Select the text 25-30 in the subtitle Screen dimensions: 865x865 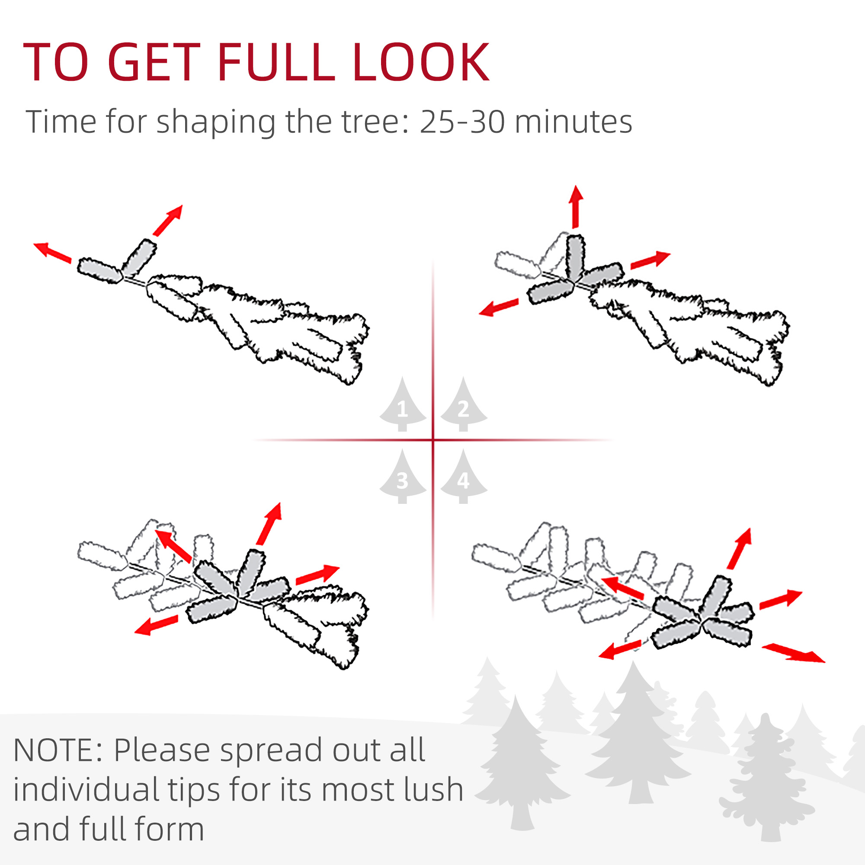(x=460, y=122)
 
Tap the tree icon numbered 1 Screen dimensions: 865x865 (x=403, y=404)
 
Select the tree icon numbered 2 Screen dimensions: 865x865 (x=463, y=404)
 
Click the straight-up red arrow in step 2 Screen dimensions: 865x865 (x=576, y=207)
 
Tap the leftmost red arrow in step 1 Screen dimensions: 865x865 (x=52, y=252)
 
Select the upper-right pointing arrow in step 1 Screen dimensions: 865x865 (x=168, y=220)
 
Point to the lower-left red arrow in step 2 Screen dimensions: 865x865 (x=499, y=308)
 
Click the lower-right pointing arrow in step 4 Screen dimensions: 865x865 (x=793, y=652)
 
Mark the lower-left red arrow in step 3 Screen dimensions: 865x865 (x=156, y=625)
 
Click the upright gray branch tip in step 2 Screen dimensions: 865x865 (x=575, y=257)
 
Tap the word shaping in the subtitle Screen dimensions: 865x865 (x=216, y=122)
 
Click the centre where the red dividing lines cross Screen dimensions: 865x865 (x=433, y=440)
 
